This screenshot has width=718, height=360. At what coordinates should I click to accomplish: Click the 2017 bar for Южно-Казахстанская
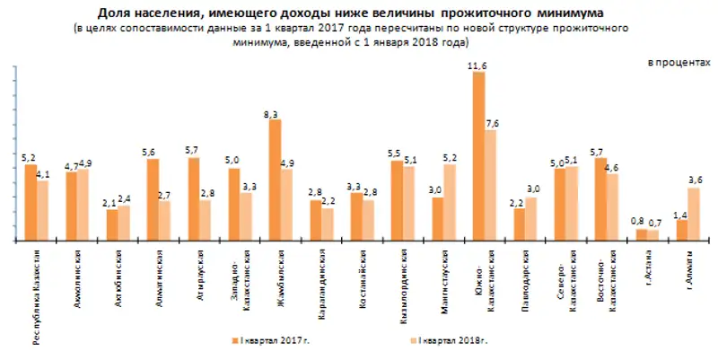tap(478, 157)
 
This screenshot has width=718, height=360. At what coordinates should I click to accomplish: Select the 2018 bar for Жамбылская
tap(286, 206)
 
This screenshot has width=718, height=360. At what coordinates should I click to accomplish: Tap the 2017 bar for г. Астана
tap(642, 235)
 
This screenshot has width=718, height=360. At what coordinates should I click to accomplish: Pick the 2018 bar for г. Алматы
tap(693, 215)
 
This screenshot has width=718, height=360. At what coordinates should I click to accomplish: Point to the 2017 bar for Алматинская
tap(153, 199)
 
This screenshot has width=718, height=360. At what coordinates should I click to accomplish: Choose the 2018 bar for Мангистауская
tap(450, 203)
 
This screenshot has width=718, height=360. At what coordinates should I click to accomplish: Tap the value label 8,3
tap(275, 113)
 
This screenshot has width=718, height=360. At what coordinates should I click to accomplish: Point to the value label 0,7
tap(655, 222)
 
